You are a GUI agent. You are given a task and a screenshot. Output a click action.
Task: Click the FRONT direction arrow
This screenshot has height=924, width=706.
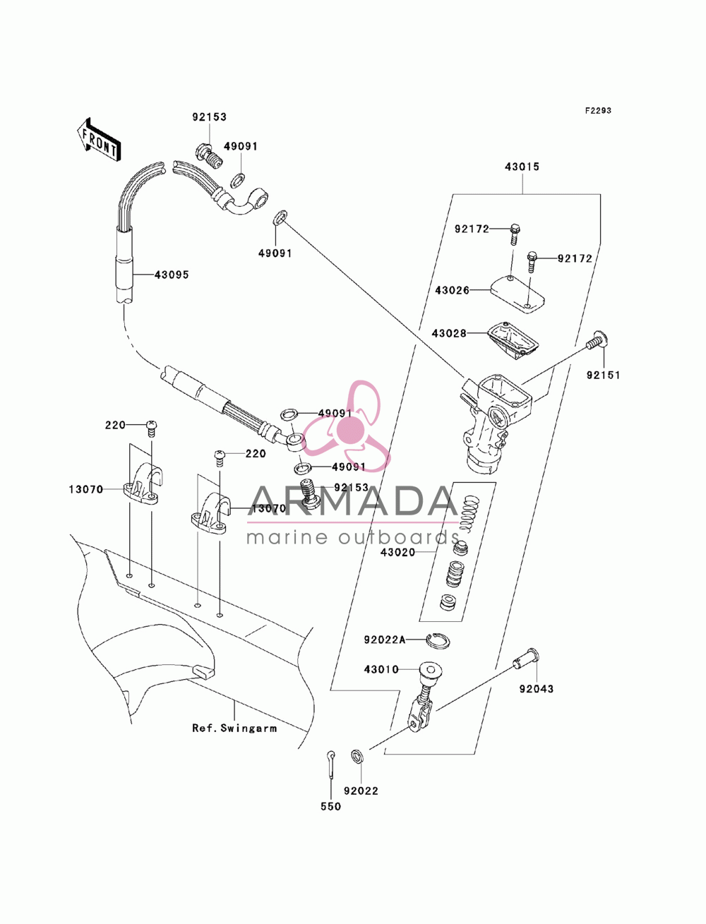coord(99,138)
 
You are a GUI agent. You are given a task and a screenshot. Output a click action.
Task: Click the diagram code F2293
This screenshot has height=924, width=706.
coord(597,111)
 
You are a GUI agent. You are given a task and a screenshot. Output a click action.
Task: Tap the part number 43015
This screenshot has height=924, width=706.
coord(522,167)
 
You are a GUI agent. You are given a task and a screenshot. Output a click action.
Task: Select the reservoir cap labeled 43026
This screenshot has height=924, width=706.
coord(517,293)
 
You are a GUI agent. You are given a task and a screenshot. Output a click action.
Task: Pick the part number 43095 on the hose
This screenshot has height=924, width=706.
coord(172,275)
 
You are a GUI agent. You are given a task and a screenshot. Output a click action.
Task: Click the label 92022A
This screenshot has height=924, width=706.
coord(384,640)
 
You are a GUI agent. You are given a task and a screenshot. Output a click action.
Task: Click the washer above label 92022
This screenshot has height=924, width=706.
coord(357,756)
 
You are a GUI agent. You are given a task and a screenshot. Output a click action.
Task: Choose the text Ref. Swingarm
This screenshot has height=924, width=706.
coord(234,728)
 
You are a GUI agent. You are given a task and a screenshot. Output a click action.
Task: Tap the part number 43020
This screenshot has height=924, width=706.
coord(397,552)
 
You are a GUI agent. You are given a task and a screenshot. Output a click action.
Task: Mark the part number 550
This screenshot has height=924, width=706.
coord(331,806)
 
